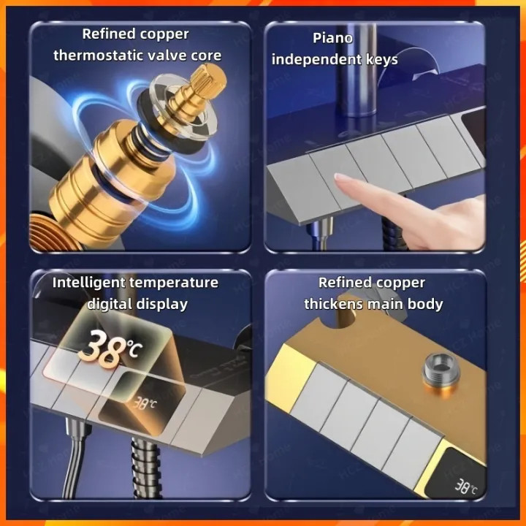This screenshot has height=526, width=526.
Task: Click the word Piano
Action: coord(332,38)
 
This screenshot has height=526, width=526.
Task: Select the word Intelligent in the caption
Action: coord(88,283)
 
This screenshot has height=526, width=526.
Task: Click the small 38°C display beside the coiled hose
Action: coord(145,403)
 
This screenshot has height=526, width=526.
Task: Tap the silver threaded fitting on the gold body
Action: coord(440,370)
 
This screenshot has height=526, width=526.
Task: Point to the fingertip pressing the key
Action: coord(340,180)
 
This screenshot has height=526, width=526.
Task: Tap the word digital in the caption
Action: coord(110,305)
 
